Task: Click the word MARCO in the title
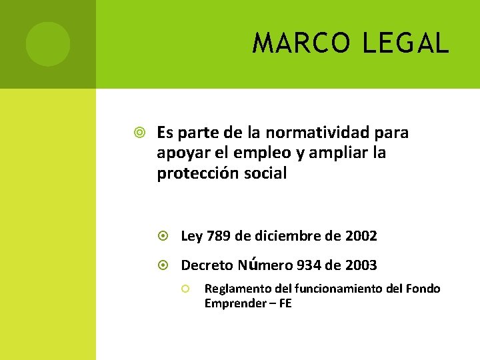coord(302,44)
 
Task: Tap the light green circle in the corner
coord(48,44)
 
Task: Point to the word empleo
coord(256,153)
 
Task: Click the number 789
coord(219,236)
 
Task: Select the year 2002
coord(361,236)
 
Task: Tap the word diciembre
coord(291,236)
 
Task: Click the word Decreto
coord(207,265)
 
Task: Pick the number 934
coord(307,265)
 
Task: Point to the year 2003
coord(361,265)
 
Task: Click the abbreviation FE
coord(285,303)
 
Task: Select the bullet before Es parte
coord(139,133)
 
